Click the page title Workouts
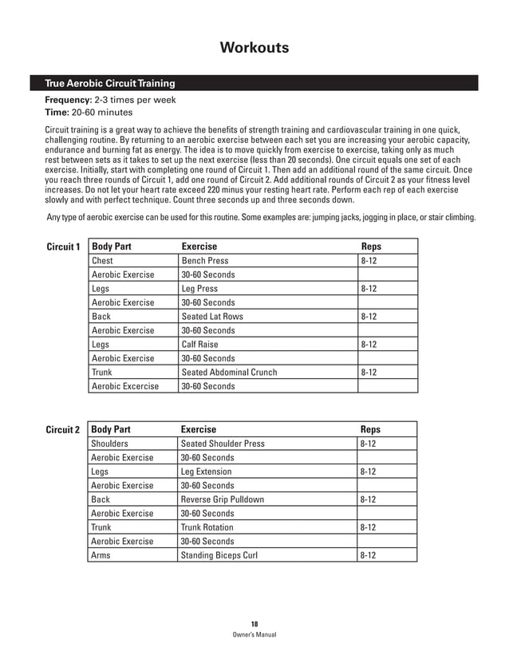tap(254, 49)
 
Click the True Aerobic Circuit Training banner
tap(103, 84)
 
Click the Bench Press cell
tap(205, 261)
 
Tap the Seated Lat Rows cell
tap(212, 317)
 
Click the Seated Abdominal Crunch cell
tap(230, 373)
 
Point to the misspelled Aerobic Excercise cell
tap(125, 386)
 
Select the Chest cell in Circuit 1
tap(103, 261)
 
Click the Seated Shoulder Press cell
tap(223, 444)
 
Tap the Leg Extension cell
tap(207, 472)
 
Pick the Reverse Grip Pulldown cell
tap(223, 499)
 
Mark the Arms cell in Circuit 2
tap(101, 555)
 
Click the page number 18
tap(254, 623)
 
